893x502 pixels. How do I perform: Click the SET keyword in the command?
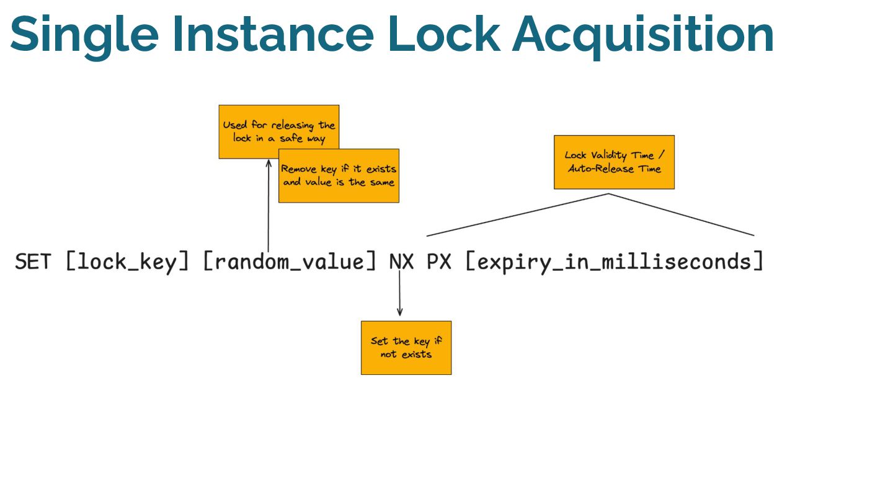[x=33, y=262]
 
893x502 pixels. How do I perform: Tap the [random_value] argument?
[x=290, y=262]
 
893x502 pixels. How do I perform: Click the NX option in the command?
[x=401, y=262]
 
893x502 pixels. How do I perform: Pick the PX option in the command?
[x=439, y=262]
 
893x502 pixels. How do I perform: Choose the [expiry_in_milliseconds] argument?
[x=614, y=262]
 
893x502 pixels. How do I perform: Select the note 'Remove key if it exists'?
[x=339, y=180]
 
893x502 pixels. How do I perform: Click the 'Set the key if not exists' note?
[x=406, y=348]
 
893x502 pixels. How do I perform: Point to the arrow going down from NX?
[x=399, y=291]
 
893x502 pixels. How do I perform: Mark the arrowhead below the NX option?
[x=399, y=312]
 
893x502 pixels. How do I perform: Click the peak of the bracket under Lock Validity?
[x=608, y=194]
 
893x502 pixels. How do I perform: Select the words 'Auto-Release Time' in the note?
[x=614, y=169]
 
